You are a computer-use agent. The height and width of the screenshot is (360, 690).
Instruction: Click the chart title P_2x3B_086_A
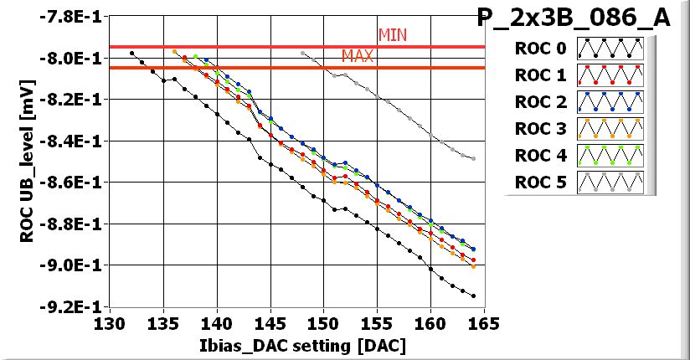tap(573, 18)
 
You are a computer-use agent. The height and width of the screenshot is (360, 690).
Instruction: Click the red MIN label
tap(393, 35)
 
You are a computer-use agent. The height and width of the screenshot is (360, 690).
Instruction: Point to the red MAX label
tap(358, 56)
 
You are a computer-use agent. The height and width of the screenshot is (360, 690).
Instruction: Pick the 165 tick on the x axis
tap(483, 324)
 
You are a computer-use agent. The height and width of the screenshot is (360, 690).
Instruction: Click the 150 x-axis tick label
tap(323, 324)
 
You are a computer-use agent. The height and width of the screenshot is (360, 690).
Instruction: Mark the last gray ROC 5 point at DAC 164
tap(473, 158)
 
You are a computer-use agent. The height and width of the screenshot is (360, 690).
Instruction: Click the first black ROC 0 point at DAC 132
tap(131, 53)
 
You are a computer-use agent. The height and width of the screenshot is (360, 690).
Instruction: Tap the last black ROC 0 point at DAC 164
tap(473, 296)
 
